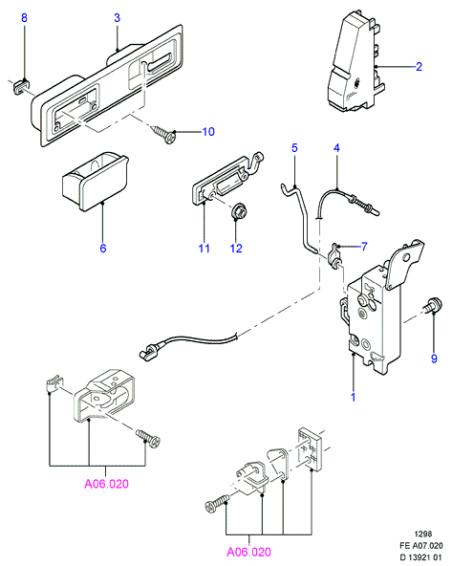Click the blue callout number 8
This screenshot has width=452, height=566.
[24, 17]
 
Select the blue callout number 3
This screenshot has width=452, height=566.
[117, 17]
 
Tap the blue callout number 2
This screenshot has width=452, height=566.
[419, 66]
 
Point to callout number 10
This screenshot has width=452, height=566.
[208, 132]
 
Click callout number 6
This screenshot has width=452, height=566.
[103, 248]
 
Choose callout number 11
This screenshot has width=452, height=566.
[204, 248]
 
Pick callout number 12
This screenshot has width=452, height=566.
[236, 248]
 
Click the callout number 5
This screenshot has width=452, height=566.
[294, 147]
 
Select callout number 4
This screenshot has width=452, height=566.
[336, 147]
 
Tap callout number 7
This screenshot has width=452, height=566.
[364, 247]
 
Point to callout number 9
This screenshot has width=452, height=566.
[434, 359]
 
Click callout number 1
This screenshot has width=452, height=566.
[354, 397]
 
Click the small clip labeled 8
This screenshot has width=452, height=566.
[21, 87]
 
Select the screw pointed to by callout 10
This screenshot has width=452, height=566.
[164, 134]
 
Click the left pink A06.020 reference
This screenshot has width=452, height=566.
[106, 484]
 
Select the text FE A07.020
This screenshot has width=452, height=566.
[421, 546]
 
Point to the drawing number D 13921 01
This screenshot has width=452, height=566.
[420, 557]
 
